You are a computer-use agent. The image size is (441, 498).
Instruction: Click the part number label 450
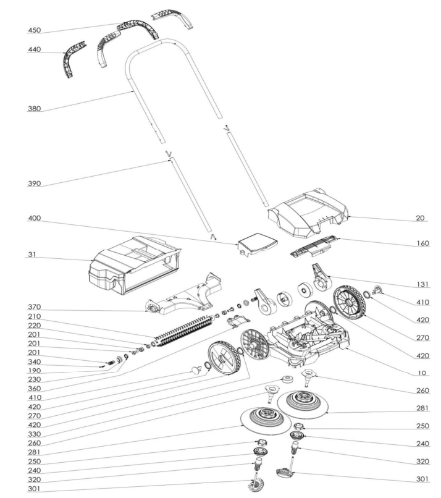[35, 30]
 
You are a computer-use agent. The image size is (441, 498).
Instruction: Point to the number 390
[35, 184]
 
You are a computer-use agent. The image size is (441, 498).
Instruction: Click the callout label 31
[32, 255]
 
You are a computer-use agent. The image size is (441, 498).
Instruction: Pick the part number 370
[35, 307]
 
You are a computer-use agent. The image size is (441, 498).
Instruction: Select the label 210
[35, 316]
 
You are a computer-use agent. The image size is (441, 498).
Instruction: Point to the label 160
[421, 243]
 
